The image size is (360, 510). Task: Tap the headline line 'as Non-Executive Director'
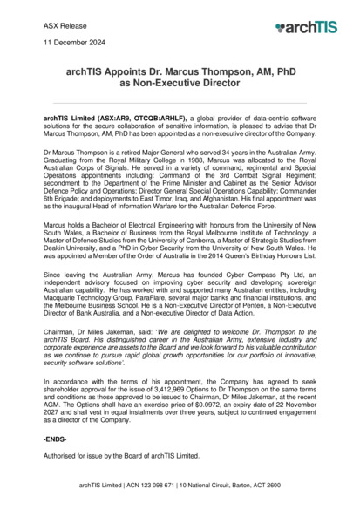coord(180,88)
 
